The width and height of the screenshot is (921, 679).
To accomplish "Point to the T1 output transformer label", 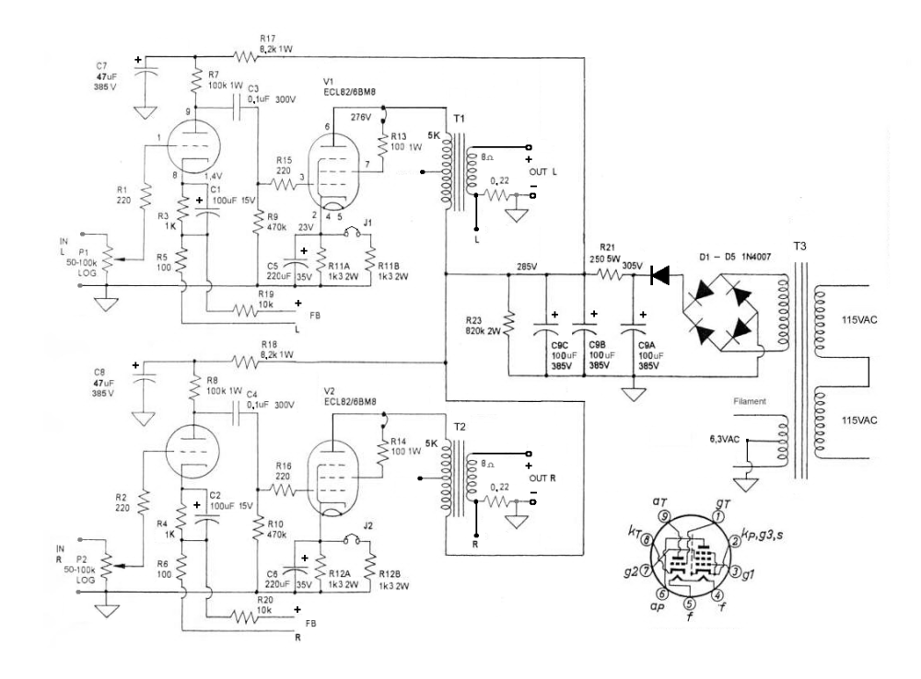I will click(x=458, y=121).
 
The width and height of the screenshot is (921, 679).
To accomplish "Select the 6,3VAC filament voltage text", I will click(x=723, y=439).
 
